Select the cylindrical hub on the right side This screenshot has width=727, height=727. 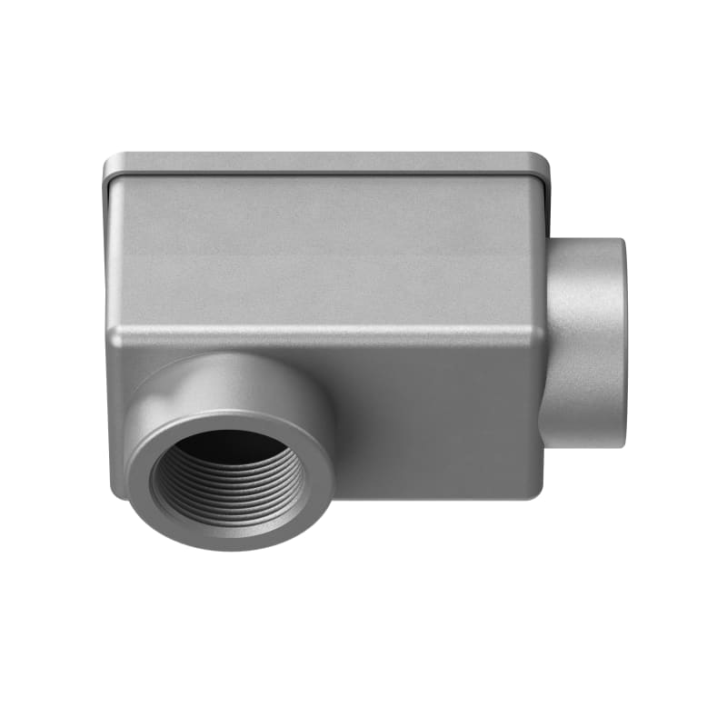pyautogui.click(x=586, y=341)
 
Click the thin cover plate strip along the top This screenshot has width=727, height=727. pyautogui.click(x=327, y=163)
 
